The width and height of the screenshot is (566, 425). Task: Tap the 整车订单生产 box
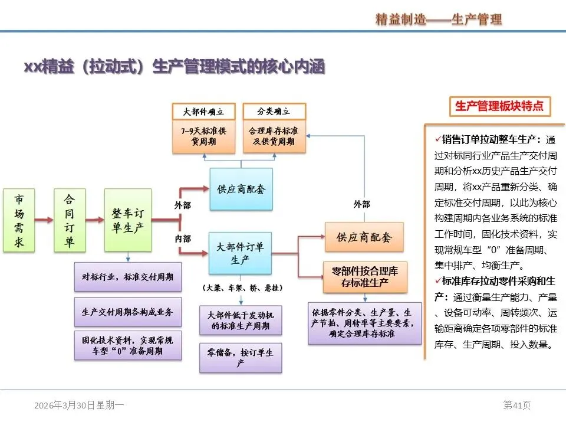128,220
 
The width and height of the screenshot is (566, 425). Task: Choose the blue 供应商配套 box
241,189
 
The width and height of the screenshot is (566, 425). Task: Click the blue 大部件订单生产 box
240,253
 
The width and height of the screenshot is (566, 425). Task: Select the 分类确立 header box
274,111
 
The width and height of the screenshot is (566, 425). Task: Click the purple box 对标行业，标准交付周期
128,277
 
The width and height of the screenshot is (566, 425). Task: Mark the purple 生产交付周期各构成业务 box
128,312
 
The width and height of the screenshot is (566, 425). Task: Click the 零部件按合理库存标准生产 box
365,277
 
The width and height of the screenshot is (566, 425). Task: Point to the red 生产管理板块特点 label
500,106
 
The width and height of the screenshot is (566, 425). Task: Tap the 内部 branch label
183,239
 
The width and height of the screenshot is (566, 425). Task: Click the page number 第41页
516,405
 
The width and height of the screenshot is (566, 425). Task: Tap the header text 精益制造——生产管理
439,19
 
